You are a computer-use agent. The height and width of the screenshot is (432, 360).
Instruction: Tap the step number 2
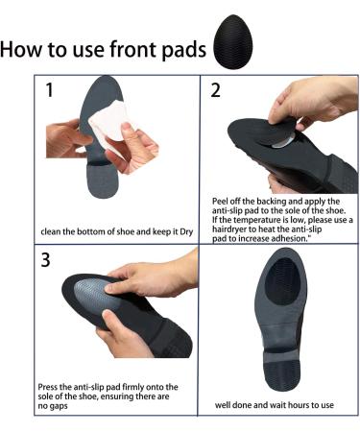[216, 91]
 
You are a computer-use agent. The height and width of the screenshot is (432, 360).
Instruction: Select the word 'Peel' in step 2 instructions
[222, 201]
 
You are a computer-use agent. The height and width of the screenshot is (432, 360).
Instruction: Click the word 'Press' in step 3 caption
[50, 387]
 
